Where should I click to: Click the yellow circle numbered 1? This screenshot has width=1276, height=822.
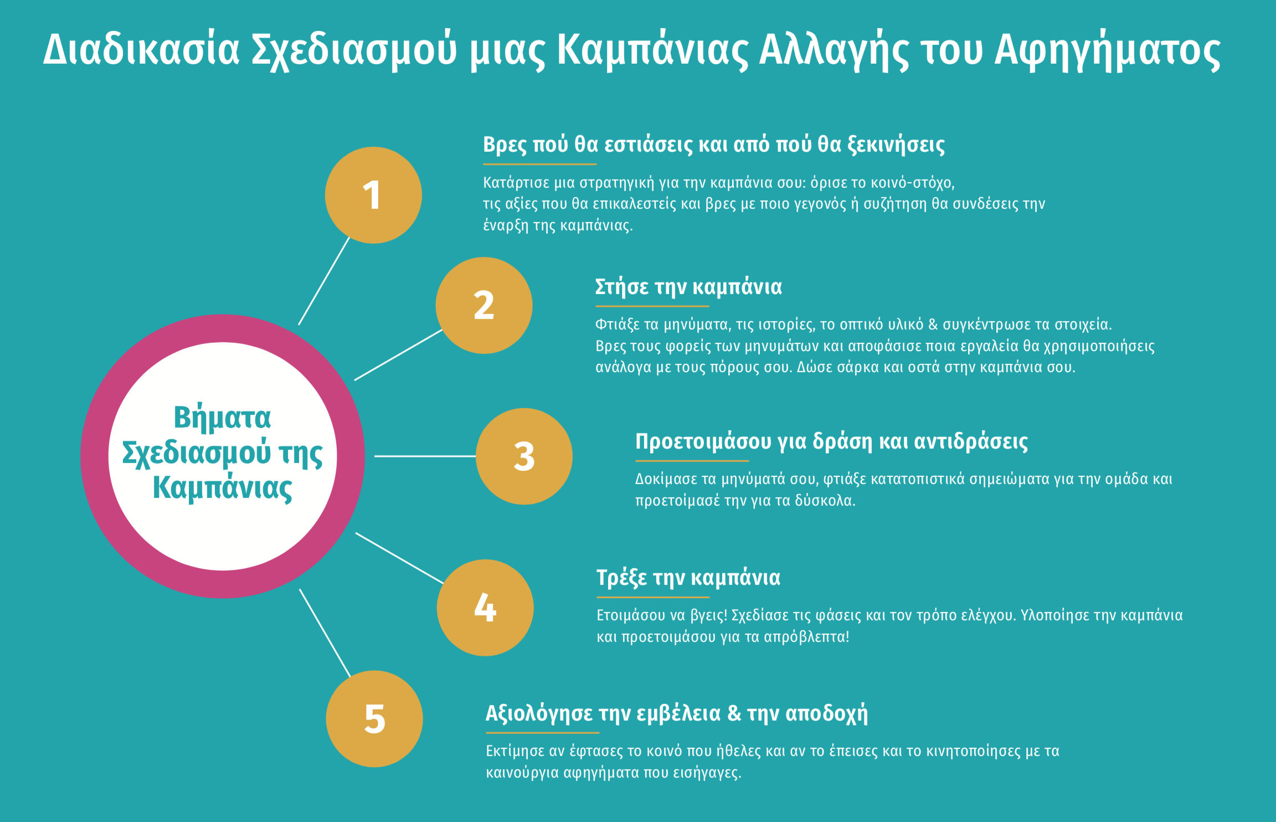tap(373, 195)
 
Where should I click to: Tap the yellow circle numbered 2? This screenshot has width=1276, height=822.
tap(484, 305)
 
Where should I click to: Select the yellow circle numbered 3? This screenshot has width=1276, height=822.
tap(524, 456)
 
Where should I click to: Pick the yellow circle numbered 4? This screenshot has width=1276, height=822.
tap(485, 608)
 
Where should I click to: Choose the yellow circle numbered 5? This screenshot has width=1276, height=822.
tap(374, 719)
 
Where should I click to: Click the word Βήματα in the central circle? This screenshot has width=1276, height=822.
tap(222, 418)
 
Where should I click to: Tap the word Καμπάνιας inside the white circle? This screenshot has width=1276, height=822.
tap(222, 488)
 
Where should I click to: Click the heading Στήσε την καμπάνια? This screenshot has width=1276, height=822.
tap(688, 287)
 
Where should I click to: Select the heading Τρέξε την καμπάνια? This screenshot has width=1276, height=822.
tap(688, 578)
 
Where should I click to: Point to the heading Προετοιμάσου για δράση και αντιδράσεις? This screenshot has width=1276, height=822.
tap(831, 442)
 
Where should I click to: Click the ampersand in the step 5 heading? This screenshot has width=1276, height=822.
tap(734, 713)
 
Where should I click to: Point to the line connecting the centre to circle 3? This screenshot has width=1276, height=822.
tap(425, 456)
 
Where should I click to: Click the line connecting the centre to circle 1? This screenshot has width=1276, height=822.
tap(325, 280)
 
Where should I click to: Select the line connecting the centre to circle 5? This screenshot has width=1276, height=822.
tap(325, 633)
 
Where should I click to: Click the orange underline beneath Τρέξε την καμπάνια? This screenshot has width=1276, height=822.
tap(653, 597)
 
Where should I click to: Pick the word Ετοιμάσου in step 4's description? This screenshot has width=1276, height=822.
tap(631, 615)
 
